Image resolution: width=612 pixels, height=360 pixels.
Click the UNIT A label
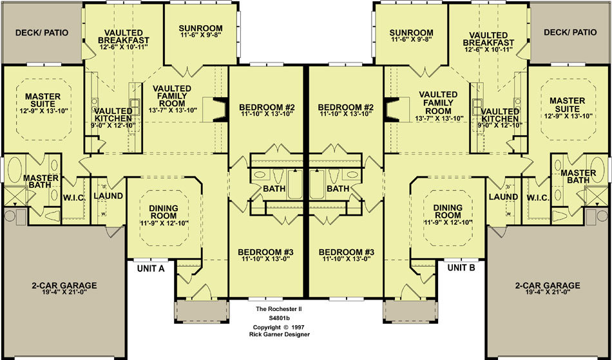[x=151, y=269]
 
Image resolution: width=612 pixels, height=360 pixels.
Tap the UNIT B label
[x=461, y=268]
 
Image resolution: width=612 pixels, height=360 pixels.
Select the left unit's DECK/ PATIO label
[x=42, y=32]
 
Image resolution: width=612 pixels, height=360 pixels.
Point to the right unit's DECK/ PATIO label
[x=570, y=32]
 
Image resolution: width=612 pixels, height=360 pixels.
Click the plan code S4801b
[x=278, y=318]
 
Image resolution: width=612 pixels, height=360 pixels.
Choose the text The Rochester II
[x=279, y=309]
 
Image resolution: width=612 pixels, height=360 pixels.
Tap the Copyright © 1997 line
[x=279, y=327]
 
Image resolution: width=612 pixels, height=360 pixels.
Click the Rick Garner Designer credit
[x=279, y=334]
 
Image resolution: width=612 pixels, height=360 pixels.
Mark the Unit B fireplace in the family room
[x=392, y=109]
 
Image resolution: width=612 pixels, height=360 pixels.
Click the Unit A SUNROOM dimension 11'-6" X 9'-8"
[x=200, y=35]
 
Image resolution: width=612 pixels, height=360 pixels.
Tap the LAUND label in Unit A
[x=108, y=196]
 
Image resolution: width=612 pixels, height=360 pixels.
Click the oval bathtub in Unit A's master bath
[x=14, y=169]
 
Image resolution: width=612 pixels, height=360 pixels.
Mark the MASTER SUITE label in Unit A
[x=43, y=100]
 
